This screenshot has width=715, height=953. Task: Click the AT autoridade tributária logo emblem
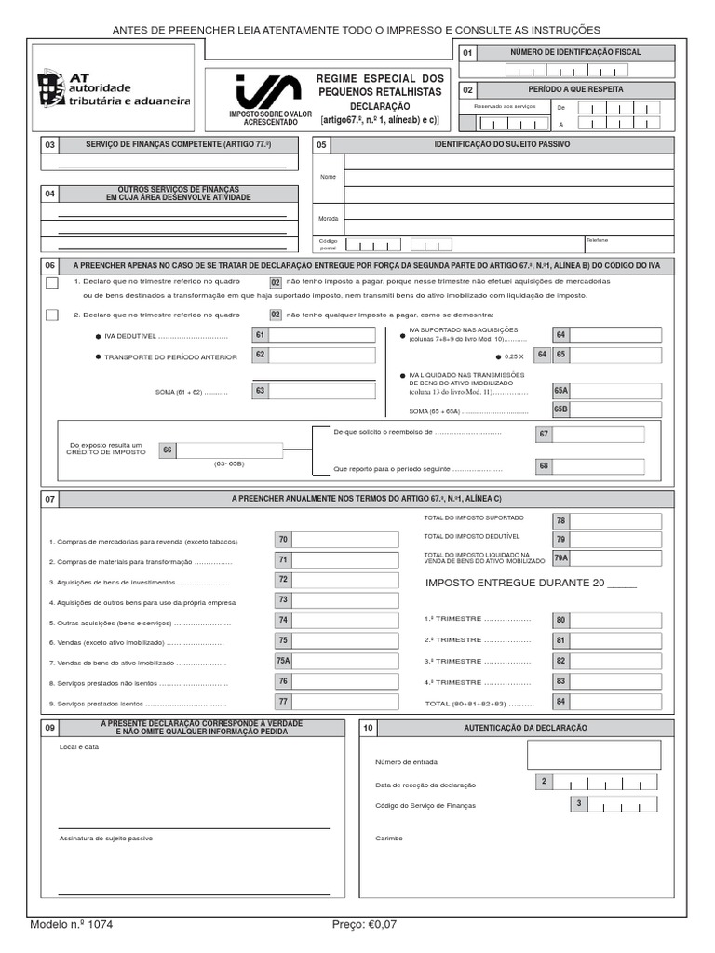click(x=52, y=88)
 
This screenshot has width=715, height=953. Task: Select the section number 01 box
click(x=467, y=53)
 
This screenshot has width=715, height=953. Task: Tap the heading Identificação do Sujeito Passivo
click(x=502, y=144)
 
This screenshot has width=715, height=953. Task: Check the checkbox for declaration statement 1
click(x=52, y=283)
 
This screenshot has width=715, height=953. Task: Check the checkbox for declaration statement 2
click(x=52, y=315)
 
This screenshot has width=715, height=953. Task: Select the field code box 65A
click(x=560, y=392)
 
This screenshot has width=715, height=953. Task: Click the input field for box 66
click(x=229, y=450)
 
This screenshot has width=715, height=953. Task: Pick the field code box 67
click(x=545, y=434)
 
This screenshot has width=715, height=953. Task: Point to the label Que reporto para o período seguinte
click(x=417, y=469)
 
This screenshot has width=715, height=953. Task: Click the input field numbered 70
click(x=338, y=540)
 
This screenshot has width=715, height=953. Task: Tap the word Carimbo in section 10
click(x=389, y=838)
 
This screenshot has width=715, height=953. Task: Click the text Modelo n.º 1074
click(x=72, y=925)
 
